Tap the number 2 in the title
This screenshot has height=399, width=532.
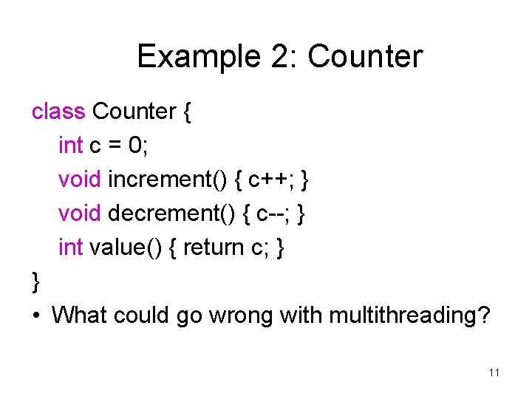point(276,57)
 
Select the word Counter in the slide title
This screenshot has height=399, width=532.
point(365,57)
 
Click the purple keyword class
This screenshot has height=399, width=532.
point(58,112)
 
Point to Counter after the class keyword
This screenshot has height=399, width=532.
point(134,112)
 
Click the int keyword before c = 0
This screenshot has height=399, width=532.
point(70,146)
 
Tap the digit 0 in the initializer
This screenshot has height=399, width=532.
point(135,146)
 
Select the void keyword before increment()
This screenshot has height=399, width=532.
point(80,180)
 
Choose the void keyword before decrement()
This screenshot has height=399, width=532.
point(80,214)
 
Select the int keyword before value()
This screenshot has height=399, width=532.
point(70,248)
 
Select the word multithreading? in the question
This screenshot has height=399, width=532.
point(409,316)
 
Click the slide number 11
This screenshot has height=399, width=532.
point(494,372)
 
